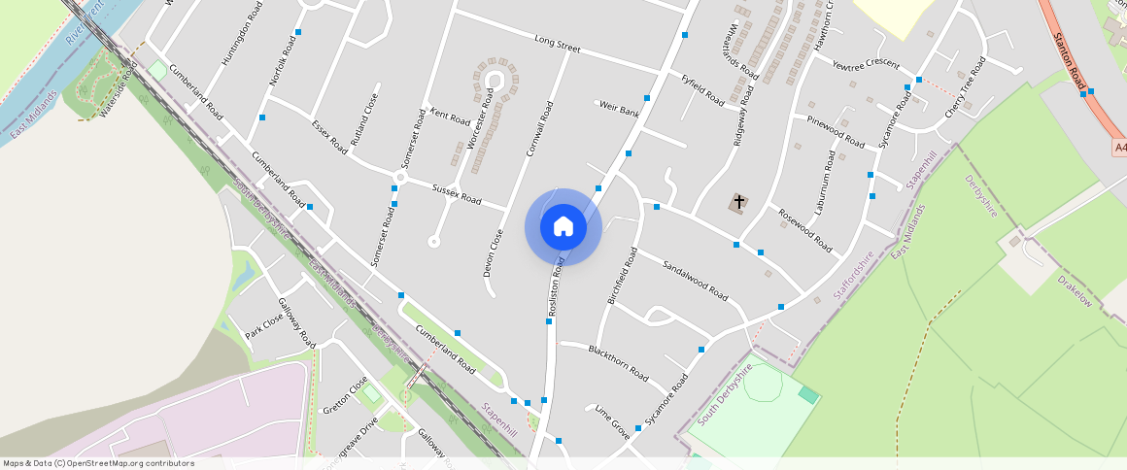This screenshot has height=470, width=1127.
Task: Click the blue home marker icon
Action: coord(563,227)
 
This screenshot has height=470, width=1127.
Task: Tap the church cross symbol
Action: coord(739,203)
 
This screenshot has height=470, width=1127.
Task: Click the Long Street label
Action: coord(557,44)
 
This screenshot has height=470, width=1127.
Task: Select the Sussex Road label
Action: coord(457,193)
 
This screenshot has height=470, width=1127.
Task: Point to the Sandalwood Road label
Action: coord(695,280)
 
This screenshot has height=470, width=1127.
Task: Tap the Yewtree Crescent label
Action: coord(866,64)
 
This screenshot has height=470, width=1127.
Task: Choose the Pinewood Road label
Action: coord(836,131)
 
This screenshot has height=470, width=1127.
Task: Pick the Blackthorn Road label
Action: coord(618,360)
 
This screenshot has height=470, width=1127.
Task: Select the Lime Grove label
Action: coord(612,422)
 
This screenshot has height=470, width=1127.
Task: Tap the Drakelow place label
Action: coord(1076,290)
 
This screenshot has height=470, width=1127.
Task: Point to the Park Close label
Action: coord(263,325)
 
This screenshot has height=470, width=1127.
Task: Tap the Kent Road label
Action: coord(450,118)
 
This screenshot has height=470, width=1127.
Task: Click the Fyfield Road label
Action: coord(702,90)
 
